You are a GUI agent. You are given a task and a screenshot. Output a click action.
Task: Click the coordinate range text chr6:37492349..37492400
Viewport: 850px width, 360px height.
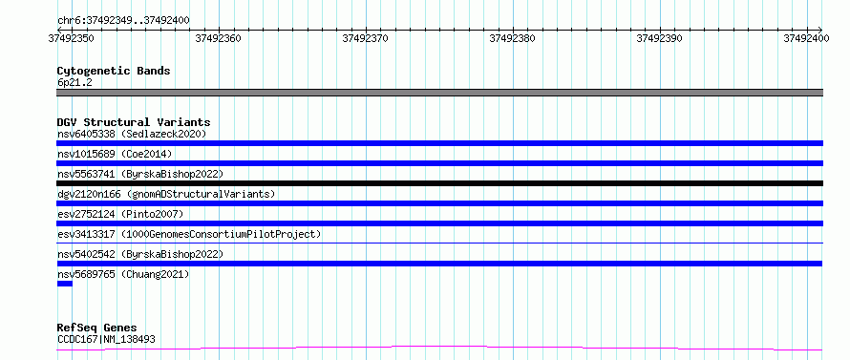123,21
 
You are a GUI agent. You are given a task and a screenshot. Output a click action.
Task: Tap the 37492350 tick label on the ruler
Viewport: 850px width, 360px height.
72,38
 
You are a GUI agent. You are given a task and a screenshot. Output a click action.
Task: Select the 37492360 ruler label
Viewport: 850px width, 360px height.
219,38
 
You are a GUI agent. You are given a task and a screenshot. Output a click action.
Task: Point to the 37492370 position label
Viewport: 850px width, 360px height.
366,38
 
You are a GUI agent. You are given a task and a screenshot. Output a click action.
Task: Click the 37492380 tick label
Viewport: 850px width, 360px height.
512,38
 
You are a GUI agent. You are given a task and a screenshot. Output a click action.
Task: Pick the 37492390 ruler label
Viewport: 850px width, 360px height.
659,38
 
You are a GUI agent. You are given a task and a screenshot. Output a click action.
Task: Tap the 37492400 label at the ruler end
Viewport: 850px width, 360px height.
806,38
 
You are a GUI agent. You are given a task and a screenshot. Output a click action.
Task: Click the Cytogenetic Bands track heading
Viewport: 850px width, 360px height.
114,71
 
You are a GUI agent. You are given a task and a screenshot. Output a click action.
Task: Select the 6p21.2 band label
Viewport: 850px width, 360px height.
74,82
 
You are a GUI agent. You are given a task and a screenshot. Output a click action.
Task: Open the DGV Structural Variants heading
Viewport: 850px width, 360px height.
134,122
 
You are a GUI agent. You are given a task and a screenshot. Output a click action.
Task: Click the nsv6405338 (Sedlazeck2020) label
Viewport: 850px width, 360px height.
132,134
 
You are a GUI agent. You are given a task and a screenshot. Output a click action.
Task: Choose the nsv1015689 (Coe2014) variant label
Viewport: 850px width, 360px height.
115,154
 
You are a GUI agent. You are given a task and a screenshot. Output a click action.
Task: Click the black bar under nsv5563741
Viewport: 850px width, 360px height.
439,183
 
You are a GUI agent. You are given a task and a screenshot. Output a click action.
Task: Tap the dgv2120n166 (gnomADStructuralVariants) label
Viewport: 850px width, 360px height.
166,194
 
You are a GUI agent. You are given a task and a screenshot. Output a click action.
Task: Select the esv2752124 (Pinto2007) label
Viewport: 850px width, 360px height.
120,214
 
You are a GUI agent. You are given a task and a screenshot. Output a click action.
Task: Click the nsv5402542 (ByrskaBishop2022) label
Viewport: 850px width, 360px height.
140,254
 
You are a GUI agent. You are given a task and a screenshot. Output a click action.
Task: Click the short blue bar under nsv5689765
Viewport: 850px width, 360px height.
65,284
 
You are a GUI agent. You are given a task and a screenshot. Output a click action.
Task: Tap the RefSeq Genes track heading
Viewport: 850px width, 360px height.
97,328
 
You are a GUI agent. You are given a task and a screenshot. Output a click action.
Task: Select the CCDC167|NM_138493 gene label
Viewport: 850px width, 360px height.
106,340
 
